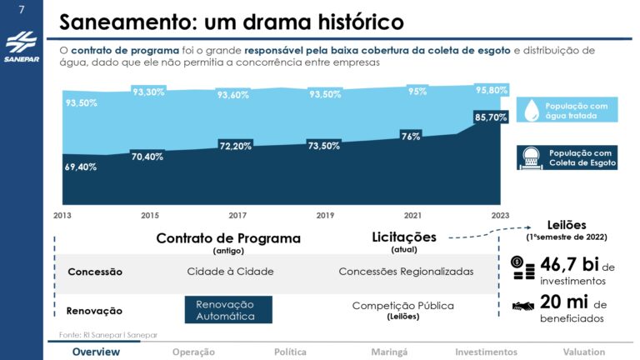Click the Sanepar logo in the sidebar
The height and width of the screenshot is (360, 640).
(x=21, y=48)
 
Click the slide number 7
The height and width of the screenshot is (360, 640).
(x=21, y=10)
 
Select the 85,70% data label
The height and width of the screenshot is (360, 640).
(x=491, y=118)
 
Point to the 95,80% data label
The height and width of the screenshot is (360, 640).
(x=491, y=89)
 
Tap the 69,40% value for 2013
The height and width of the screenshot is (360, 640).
(x=81, y=167)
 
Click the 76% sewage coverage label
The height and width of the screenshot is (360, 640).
(x=410, y=136)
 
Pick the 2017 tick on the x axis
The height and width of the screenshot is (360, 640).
(x=238, y=215)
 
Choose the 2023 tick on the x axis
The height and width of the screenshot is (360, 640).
(x=500, y=215)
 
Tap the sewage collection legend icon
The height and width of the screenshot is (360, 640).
(x=531, y=157)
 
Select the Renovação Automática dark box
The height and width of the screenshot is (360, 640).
(x=228, y=310)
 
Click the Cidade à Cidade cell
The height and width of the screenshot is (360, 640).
(x=230, y=272)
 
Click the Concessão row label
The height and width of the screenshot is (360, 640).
(x=94, y=272)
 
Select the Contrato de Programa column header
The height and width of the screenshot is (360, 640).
(x=228, y=238)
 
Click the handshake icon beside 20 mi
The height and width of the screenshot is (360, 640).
(x=523, y=306)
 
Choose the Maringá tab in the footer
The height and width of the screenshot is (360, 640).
(x=389, y=352)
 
